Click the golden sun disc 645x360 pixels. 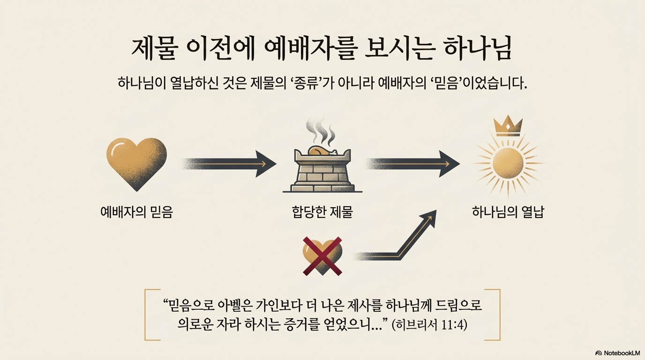pyautogui.click(x=507, y=164)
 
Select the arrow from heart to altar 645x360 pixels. pyautogui.click(x=228, y=164)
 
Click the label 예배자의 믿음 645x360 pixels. pyautogui.click(x=137, y=212)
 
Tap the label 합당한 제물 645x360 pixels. pyautogui.click(x=322, y=212)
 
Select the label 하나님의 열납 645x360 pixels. pyautogui.click(x=508, y=212)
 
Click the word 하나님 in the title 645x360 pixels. pyautogui.click(x=478, y=48)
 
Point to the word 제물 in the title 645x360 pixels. pyautogui.click(x=153, y=48)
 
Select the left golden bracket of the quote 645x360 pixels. pyautogui.click(x=149, y=315)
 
